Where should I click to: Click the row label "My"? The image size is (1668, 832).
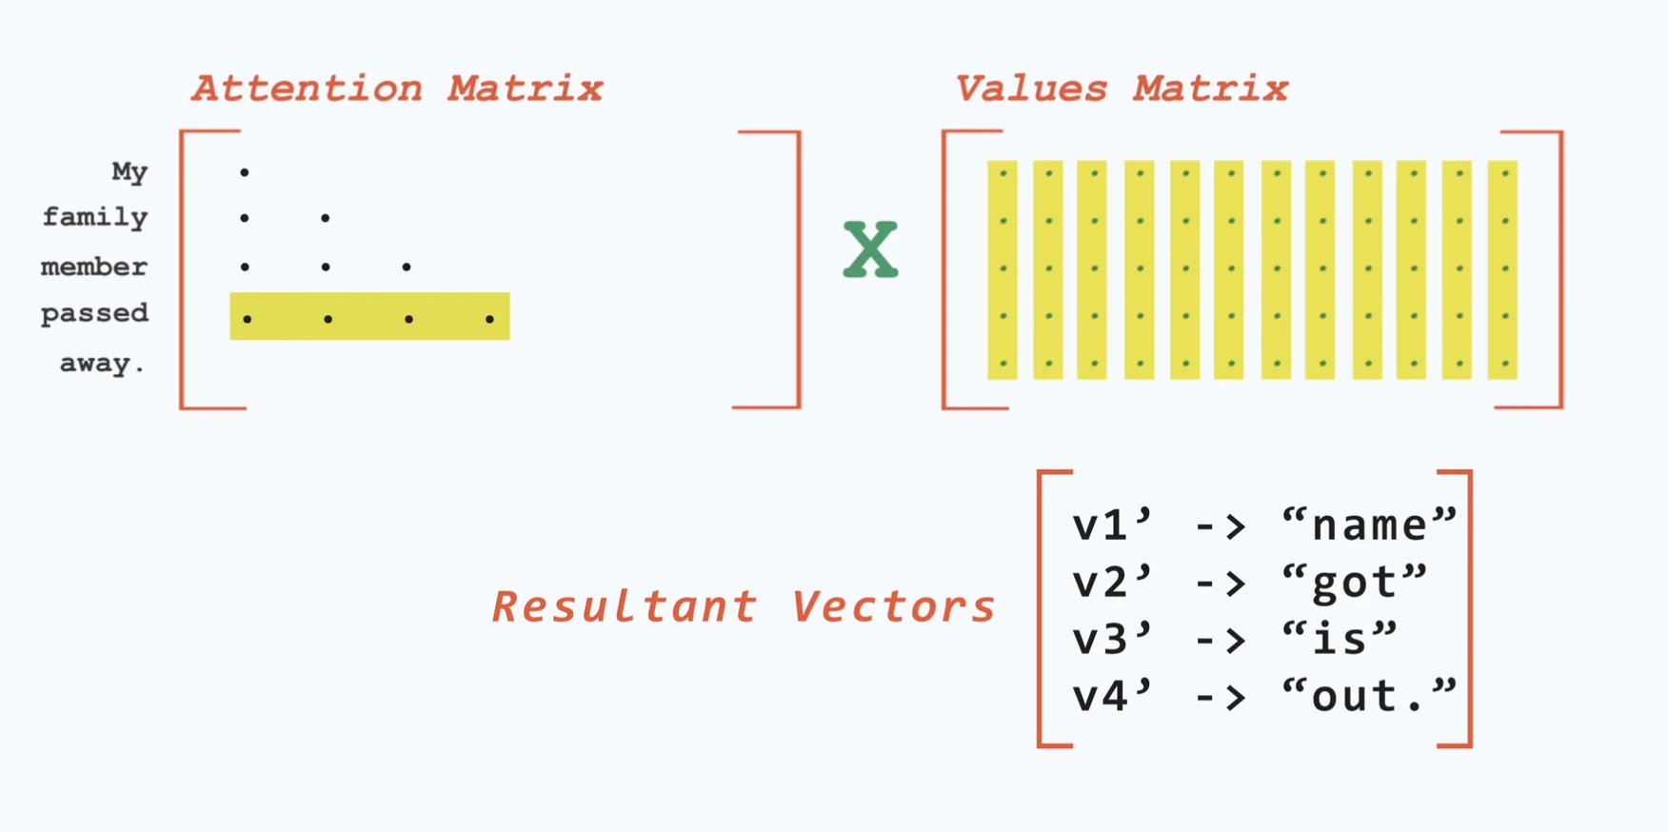coord(129,172)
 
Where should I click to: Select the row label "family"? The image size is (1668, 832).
coord(95,218)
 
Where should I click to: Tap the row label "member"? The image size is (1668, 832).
coord(94,267)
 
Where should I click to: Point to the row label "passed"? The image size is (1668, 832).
coord(95,313)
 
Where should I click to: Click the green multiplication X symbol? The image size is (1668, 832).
coord(870,249)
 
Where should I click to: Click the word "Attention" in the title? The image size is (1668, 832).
coord(307,89)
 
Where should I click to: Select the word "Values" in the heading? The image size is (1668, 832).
coord(1031,89)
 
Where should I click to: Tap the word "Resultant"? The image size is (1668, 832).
coord(625,606)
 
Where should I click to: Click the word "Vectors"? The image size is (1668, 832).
coord(893,606)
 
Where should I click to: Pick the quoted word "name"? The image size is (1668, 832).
coord(1369,525)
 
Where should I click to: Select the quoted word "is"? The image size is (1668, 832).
coord(1340,639)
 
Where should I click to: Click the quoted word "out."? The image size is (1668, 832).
coord(1369,696)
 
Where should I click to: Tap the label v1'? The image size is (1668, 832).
coord(1112,525)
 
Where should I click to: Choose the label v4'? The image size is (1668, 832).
coord(1112,696)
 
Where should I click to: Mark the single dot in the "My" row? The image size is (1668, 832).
coord(245,172)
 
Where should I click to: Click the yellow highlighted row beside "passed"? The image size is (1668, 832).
coord(369,316)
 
